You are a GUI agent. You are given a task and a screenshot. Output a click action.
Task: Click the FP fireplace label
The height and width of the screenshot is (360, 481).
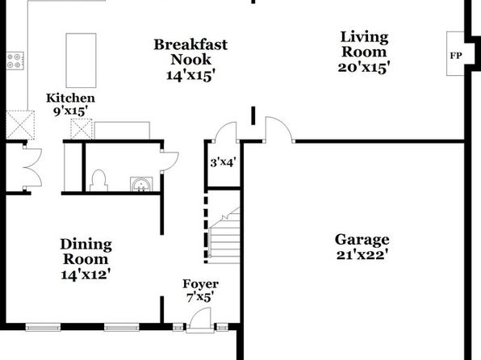[x=456, y=56]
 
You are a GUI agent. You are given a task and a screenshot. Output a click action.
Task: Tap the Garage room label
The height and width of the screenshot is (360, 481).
[x=362, y=240]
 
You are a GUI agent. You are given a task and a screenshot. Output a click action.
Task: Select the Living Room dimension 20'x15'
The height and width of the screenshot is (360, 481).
[x=364, y=67]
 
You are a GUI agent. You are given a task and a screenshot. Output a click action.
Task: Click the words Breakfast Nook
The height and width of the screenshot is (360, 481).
[x=190, y=52]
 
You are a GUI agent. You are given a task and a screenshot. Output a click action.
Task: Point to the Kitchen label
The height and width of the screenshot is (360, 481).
[x=70, y=98]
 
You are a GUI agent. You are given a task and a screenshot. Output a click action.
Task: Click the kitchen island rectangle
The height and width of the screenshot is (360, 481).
[x=81, y=61]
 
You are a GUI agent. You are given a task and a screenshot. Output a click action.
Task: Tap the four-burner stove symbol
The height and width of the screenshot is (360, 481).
[x=15, y=61]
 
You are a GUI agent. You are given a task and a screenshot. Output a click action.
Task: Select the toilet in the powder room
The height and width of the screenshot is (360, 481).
[x=98, y=181]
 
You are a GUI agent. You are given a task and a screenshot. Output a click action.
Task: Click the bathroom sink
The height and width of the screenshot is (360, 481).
[x=141, y=184]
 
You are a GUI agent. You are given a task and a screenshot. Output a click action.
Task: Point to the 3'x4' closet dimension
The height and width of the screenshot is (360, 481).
[x=223, y=162]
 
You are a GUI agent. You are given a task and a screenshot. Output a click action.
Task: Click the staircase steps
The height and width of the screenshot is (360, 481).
[x=224, y=236]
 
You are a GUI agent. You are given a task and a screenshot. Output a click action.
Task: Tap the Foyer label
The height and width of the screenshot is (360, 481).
[x=201, y=284]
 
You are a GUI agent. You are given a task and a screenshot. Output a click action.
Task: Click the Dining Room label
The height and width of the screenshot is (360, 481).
[x=86, y=252]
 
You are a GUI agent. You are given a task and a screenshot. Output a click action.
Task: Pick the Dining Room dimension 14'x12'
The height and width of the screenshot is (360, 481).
[x=86, y=274]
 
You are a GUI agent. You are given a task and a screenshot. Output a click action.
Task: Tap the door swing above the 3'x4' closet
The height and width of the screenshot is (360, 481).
[x=225, y=132]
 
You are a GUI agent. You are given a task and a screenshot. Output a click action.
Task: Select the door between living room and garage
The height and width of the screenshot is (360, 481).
[x=278, y=129]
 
